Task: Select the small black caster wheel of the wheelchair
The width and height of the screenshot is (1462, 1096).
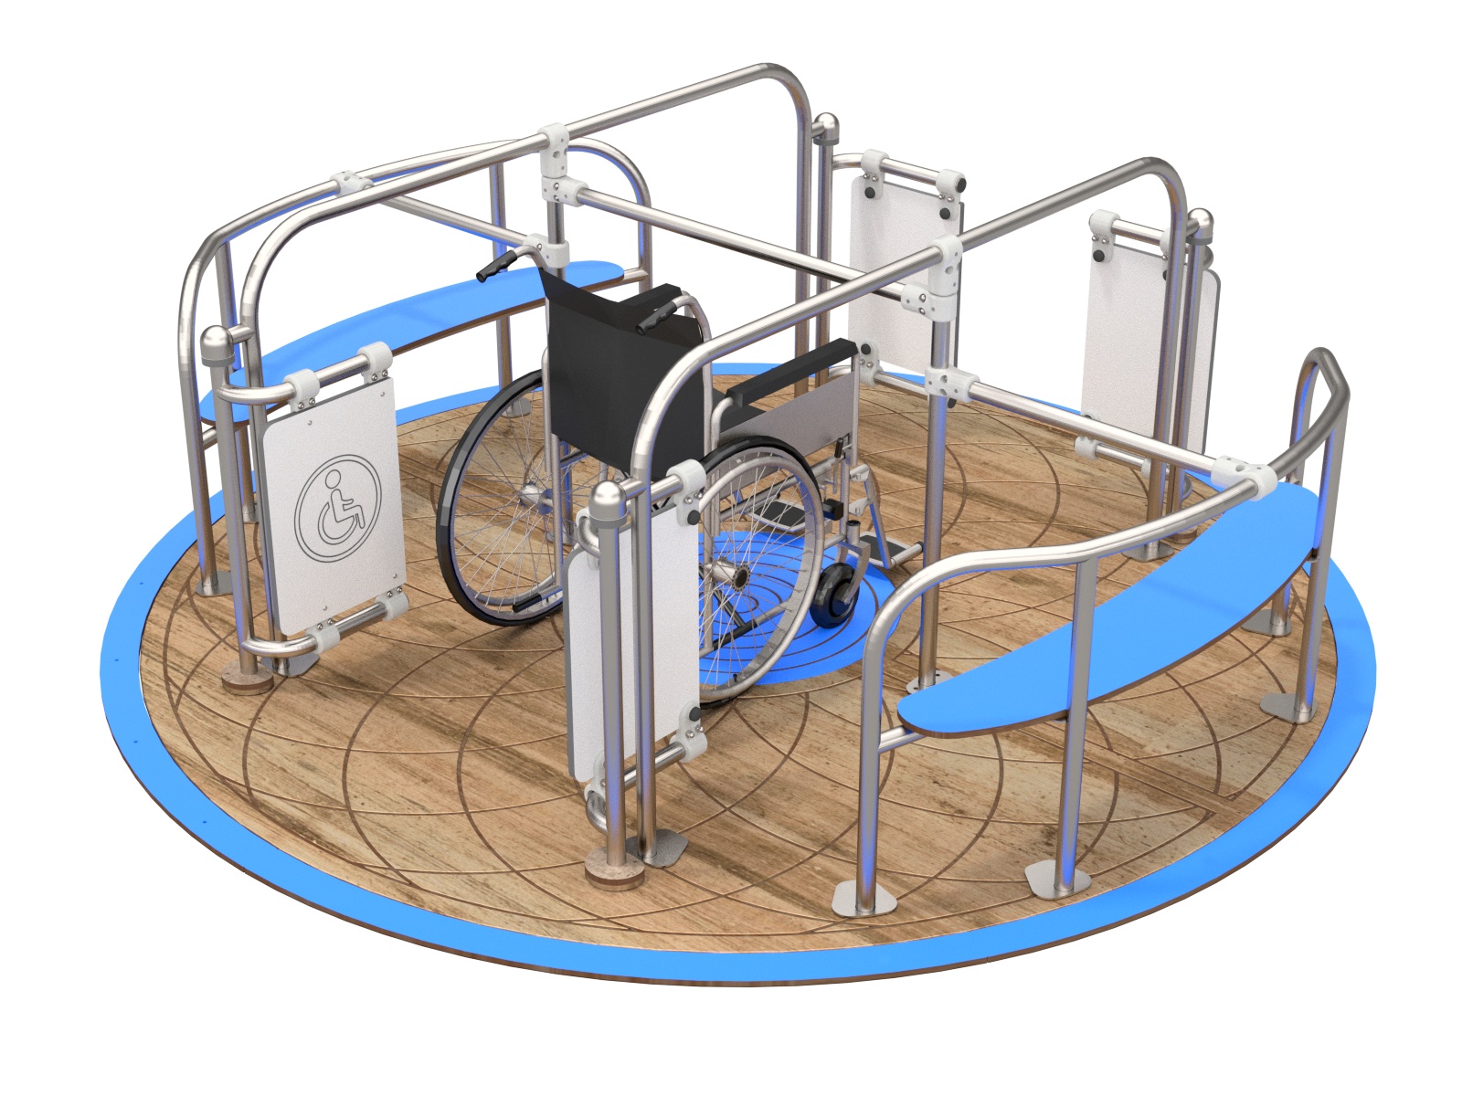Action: [834, 598]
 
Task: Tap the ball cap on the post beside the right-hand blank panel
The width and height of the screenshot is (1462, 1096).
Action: [1201, 223]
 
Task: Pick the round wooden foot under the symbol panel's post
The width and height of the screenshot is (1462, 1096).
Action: [247, 683]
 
